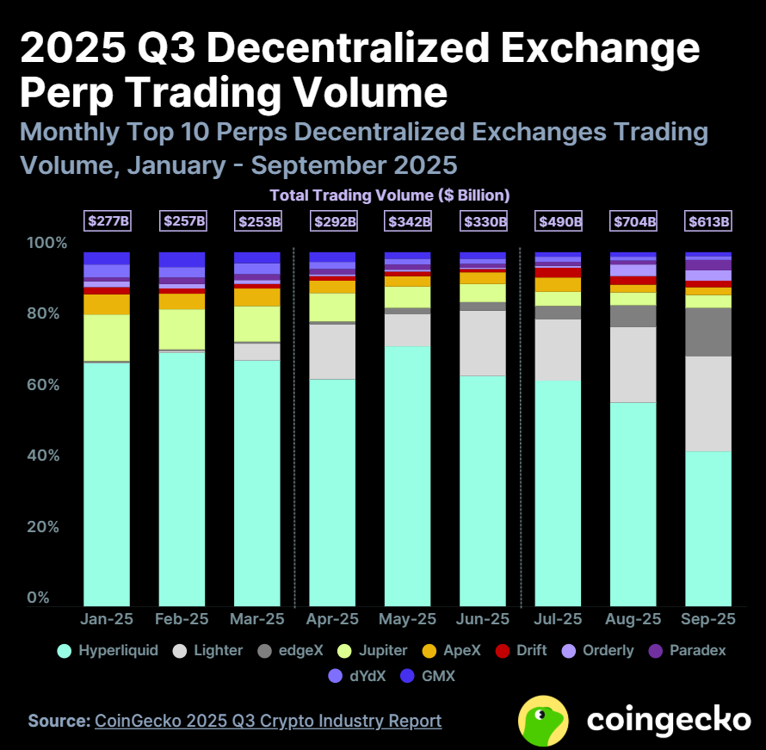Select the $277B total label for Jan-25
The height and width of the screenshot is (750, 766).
107,221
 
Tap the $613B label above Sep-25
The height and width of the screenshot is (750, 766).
708,221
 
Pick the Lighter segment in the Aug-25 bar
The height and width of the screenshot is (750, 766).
633,364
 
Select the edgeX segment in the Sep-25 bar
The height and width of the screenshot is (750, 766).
708,332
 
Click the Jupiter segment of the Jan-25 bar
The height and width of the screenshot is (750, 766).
107,338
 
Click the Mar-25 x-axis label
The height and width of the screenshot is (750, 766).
257,619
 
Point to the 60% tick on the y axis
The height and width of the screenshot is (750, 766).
46,384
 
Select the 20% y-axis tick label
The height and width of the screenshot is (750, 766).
46,526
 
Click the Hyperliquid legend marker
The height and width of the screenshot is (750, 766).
64,651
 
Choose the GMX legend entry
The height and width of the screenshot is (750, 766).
428,676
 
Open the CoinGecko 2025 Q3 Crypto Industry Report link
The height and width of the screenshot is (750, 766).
268,721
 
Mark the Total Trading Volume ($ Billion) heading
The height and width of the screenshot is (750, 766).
390,195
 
